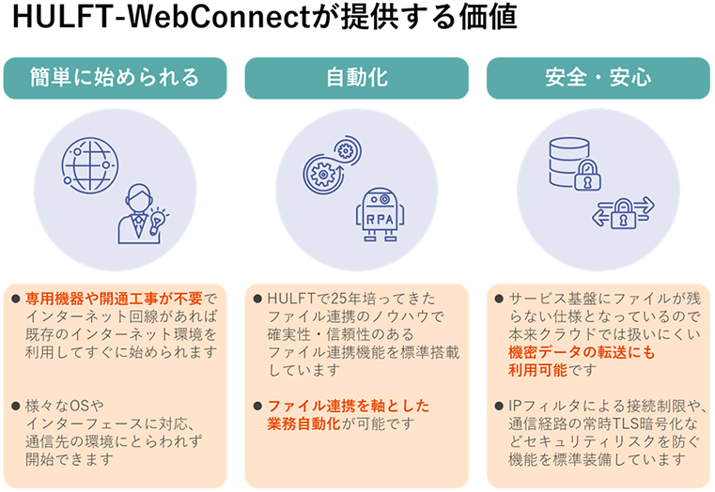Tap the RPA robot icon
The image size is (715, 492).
[x=381, y=210]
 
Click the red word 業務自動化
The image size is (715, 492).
[x=295, y=423]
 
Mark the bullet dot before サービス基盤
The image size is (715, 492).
[x=499, y=299]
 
